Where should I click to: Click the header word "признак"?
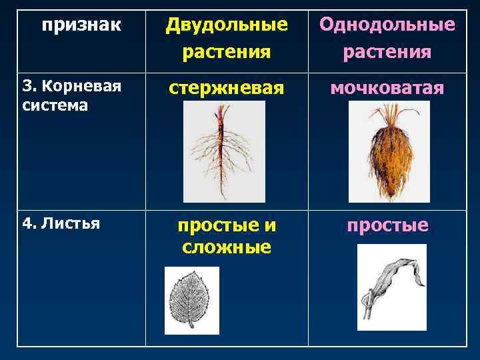(81, 25)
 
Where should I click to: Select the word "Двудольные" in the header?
(227, 25)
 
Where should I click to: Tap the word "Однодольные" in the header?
(387, 25)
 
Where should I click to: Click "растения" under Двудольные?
(227, 51)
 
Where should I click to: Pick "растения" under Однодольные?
(387, 51)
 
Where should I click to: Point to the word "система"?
(55, 105)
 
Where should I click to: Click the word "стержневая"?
(227, 88)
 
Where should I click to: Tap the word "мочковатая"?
(387, 88)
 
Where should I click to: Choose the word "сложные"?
(227, 247)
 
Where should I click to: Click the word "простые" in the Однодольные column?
(387, 225)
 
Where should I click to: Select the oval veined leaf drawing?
(191, 297)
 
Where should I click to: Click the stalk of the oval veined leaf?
(191, 325)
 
